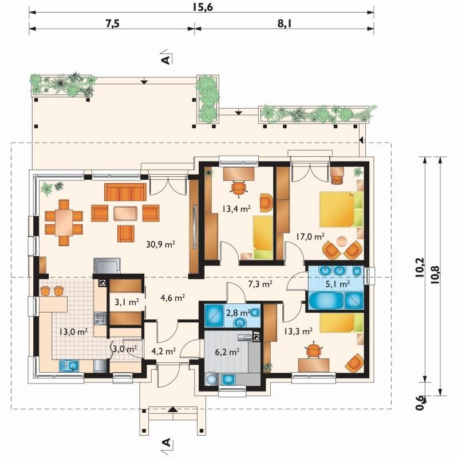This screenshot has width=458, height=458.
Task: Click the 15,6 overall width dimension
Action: tap(203, 7)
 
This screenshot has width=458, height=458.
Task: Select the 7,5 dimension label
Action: tap(113, 23)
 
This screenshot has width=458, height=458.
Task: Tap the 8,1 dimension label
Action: tap(285, 23)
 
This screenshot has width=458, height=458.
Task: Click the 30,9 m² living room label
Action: tap(160, 244)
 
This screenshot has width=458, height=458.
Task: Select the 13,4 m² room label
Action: tap(236, 208)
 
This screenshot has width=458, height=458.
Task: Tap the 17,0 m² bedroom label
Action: tap(310, 236)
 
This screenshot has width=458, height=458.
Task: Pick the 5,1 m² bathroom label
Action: tap(338, 283)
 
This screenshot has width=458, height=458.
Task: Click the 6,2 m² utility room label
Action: tap(227, 352)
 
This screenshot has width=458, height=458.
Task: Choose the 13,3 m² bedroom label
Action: tap(298, 331)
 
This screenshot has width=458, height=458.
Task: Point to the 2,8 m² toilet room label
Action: tap(238, 313)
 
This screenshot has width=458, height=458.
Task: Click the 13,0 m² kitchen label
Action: tap(73, 331)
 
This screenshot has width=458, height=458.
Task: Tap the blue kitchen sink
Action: tap(69, 365)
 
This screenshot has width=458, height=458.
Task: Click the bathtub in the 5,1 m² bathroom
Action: tap(326, 300)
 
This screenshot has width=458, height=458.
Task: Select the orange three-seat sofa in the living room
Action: tap(125, 192)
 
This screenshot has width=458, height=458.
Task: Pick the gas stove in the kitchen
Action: tap(100, 318)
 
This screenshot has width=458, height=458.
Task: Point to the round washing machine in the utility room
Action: tap(211, 380)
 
